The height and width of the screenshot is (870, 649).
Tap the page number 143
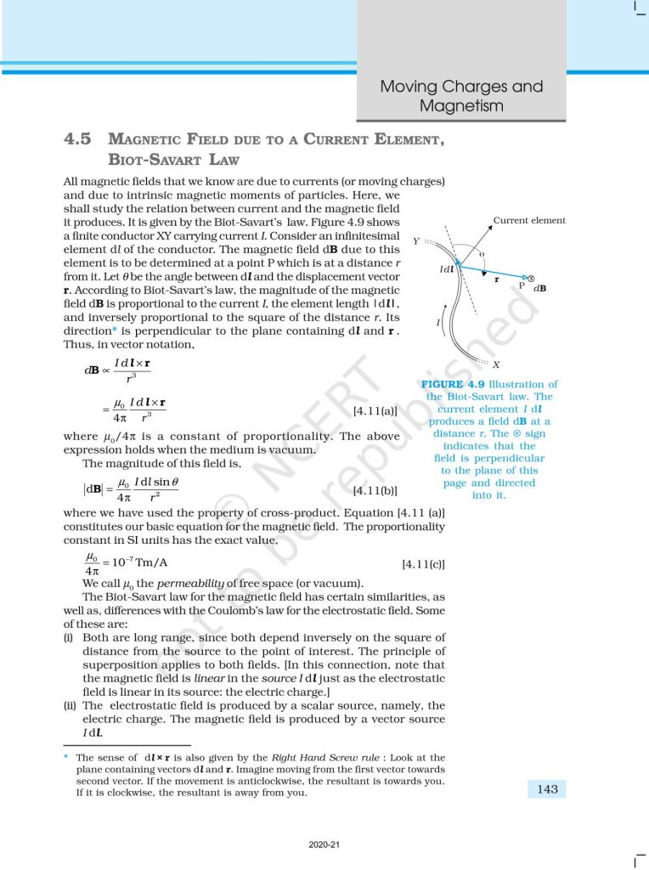point(547,789)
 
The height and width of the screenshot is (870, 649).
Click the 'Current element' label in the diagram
point(529,221)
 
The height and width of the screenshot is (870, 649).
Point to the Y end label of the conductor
point(416,241)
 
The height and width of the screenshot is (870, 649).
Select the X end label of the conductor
point(496,364)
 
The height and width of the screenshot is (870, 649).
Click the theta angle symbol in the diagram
point(482,254)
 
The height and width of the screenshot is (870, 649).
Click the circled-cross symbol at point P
point(531,279)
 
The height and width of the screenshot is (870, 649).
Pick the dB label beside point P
point(540,289)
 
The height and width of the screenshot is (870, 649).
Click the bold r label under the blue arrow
point(496,279)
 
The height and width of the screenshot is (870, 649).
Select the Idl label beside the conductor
point(445,269)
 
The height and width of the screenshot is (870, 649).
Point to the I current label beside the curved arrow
point(438,323)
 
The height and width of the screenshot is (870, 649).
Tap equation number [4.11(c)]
point(422,563)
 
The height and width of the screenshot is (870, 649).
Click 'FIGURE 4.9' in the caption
point(454,385)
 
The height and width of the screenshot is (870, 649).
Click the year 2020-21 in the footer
point(324,845)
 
